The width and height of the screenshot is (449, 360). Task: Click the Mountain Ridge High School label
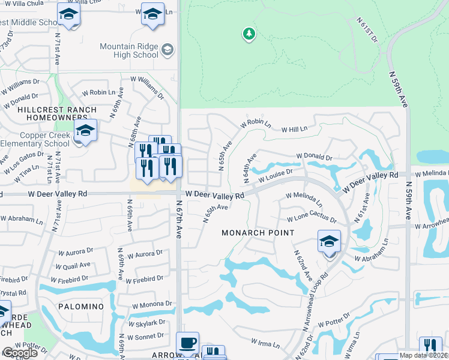click(129, 50)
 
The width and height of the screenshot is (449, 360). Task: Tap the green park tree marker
click(249, 34)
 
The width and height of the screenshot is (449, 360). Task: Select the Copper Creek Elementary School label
click(35, 139)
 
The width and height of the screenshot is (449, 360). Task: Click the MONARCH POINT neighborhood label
click(258, 233)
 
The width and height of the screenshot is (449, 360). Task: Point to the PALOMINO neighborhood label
click(81, 306)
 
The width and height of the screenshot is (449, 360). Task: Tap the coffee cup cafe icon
click(188, 343)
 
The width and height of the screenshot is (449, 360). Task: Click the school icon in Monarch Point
click(329, 242)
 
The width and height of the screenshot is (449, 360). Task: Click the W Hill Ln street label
click(294, 128)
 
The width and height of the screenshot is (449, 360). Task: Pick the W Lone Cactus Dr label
click(312, 219)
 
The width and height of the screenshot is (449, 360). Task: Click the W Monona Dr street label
click(152, 304)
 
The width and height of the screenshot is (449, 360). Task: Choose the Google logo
click(19, 353)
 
